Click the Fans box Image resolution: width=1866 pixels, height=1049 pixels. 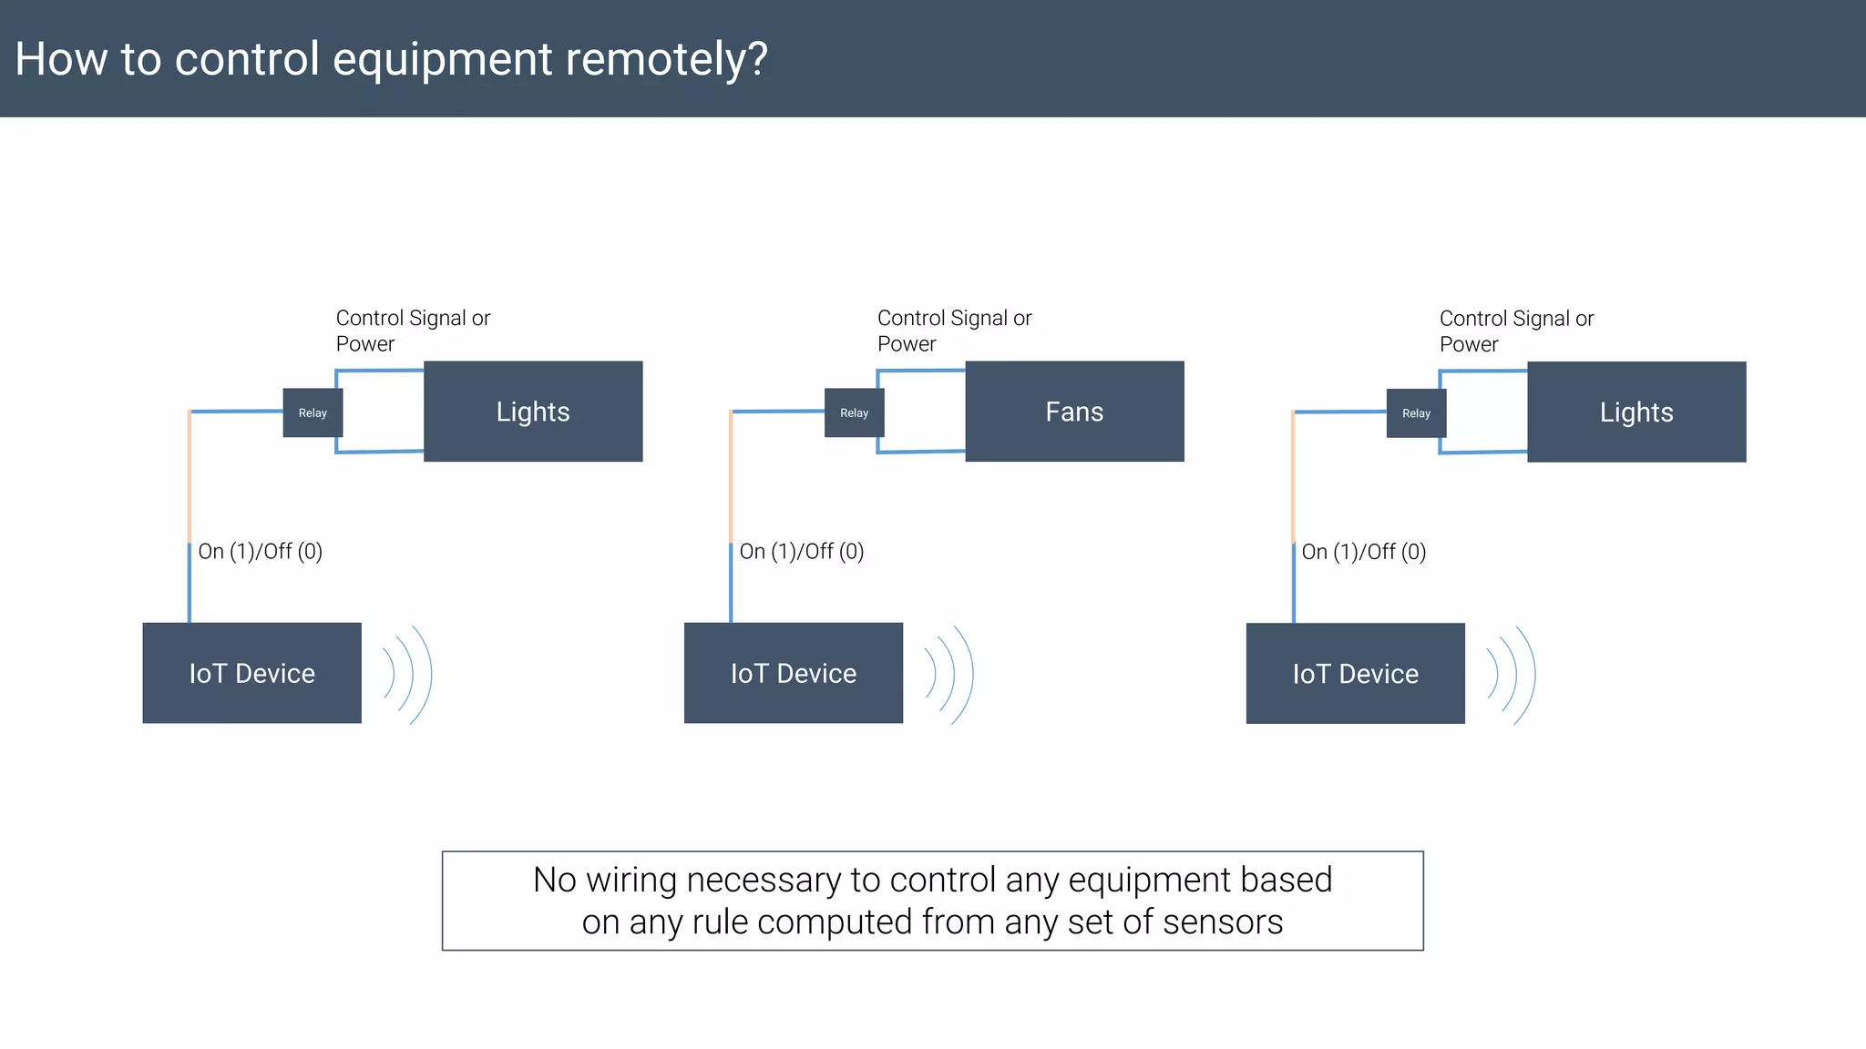pyautogui.click(x=1074, y=412)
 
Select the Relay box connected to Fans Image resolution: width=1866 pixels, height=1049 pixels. pyautogui.click(x=854, y=412)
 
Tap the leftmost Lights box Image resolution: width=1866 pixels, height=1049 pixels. pyautogui.click(x=533, y=412)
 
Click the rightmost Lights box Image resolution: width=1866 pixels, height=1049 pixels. pyautogui.click(x=1636, y=412)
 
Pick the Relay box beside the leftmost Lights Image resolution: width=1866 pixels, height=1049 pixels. pyautogui.click(x=313, y=412)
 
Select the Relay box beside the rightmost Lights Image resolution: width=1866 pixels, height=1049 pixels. pyautogui.click(x=1416, y=413)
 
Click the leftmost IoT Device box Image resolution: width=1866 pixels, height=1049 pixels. pyautogui.click(x=251, y=673)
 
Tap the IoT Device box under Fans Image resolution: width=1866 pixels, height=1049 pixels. pyautogui.click(x=793, y=673)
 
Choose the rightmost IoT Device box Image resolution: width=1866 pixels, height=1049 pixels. pyautogui.click(x=1355, y=674)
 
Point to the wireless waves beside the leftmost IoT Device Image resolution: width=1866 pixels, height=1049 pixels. pyautogui.click(x=407, y=675)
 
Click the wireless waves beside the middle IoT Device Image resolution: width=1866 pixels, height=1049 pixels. pyautogui.click(x=948, y=675)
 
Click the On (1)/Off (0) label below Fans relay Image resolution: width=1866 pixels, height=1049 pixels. pyautogui.click(x=802, y=551)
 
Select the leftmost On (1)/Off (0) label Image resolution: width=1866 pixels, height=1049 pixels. pyautogui.click(x=261, y=551)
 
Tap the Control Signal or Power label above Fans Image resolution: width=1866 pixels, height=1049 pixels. pyautogui.click(x=954, y=331)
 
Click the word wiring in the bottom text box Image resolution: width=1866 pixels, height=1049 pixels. pyautogui.click(x=631, y=881)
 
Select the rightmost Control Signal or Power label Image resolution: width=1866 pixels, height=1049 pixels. pyautogui.click(x=1516, y=331)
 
